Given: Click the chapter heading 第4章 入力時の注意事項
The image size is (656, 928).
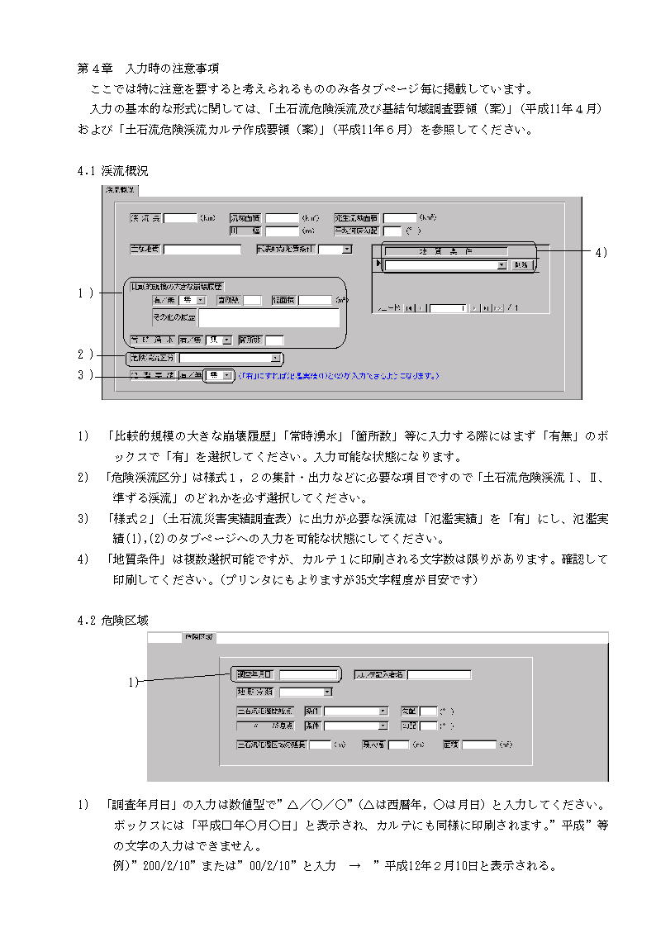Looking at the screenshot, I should (x=148, y=67).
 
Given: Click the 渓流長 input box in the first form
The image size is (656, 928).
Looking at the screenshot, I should (x=180, y=218).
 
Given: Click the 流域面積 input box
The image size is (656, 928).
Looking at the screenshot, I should (x=282, y=218).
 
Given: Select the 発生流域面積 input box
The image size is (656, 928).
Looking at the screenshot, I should (x=400, y=218).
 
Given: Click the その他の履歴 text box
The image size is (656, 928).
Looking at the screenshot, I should (x=269, y=318).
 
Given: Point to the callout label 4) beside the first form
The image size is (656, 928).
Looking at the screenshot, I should (x=601, y=253).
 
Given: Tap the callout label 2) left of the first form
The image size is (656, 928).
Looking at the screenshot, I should (x=84, y=355).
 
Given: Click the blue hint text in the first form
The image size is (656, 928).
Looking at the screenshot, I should (x=339, y=376).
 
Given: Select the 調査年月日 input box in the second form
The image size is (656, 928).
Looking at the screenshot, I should (x=308, y=674).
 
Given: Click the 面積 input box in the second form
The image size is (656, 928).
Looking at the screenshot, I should (x=478, y=745).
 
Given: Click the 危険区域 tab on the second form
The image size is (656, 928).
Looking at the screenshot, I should (x=198, y=637).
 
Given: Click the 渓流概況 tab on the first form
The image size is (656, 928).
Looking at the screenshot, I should (x=121, y=190).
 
